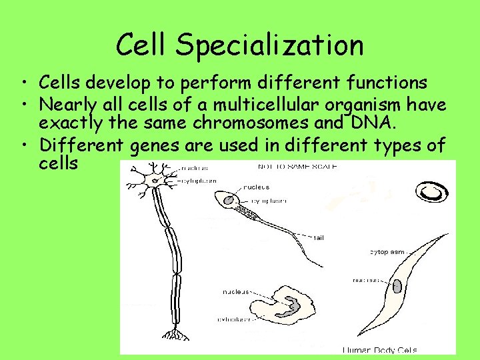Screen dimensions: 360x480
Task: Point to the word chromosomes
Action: coord(255,123)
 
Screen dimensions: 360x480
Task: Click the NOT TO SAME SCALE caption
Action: coord(297,166)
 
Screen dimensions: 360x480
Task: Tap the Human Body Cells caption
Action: coord(380,349)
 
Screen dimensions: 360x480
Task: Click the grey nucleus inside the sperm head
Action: coord(229,199)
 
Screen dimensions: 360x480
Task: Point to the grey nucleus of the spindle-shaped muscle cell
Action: coord(397,286)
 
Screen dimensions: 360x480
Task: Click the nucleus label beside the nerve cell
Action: coord(195,168)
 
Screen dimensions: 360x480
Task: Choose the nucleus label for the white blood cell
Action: coord(236,292)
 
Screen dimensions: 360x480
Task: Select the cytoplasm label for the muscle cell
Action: coord(387,252)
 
